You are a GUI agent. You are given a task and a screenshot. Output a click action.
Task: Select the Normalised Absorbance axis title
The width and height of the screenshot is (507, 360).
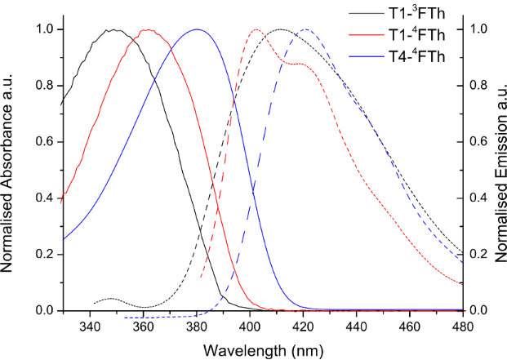11,170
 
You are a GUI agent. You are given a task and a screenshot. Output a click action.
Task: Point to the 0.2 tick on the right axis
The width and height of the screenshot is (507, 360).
482,255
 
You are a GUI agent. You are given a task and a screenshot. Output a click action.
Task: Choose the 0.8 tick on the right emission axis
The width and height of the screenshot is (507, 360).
482,86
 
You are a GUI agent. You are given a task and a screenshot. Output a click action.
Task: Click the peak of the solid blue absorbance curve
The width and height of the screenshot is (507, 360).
196,29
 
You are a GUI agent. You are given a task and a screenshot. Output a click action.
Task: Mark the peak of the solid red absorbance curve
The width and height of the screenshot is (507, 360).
147,30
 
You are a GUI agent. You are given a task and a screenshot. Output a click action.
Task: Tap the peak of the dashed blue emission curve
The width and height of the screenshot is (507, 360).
306,29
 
